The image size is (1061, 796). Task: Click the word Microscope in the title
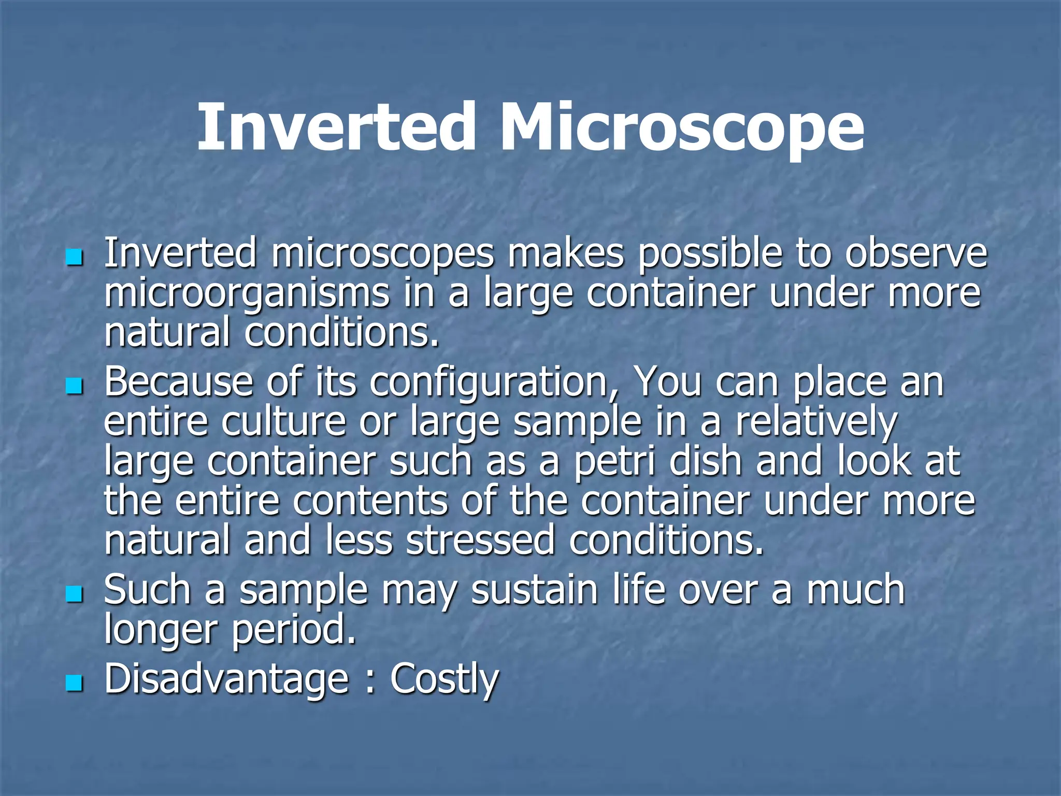681,127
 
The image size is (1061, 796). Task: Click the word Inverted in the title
336,127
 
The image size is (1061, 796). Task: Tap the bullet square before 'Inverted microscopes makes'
75,257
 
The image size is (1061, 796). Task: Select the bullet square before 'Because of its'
75,386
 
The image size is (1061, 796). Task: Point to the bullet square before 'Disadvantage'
75,683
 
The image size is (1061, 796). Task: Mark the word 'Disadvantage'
227,680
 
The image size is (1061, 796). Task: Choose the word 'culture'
284,423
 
